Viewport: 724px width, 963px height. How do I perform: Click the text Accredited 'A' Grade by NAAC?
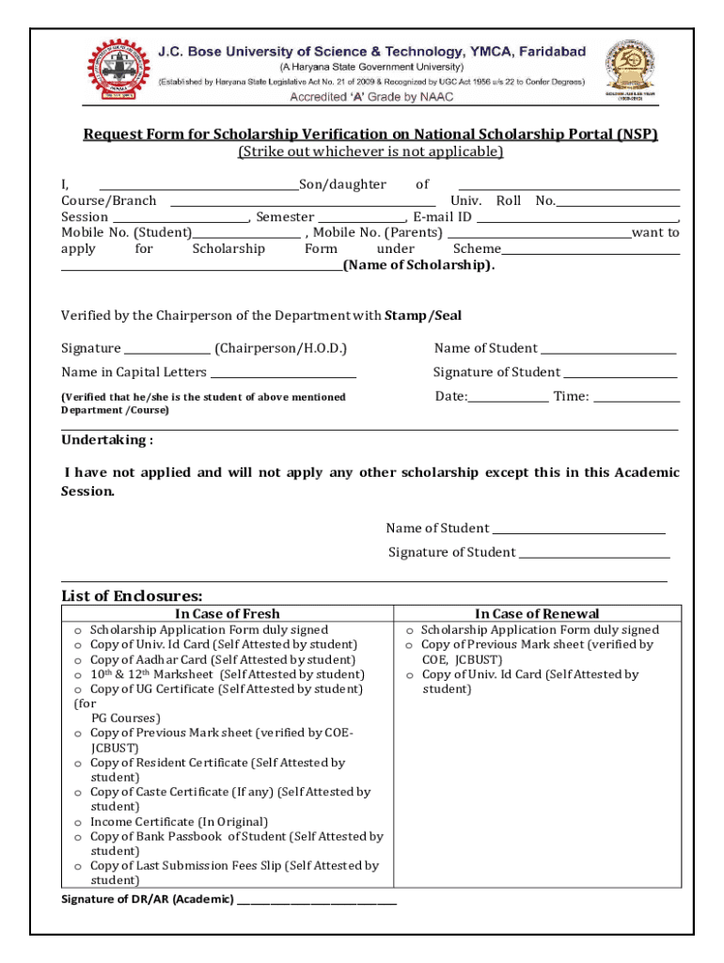370,97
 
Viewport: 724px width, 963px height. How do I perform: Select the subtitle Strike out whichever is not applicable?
370,151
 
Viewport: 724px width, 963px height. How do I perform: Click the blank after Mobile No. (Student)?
246,233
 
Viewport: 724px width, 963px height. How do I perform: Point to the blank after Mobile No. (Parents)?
539,233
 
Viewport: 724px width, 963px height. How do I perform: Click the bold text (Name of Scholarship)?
418,265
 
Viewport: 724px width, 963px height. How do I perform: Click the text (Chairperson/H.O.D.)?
280,349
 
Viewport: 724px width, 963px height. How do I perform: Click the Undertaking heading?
107,440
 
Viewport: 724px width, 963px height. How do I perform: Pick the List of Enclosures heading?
132,596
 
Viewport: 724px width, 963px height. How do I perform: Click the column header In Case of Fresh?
227,614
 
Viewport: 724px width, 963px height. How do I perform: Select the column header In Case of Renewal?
537,614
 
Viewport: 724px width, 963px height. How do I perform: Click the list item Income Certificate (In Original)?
179,822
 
